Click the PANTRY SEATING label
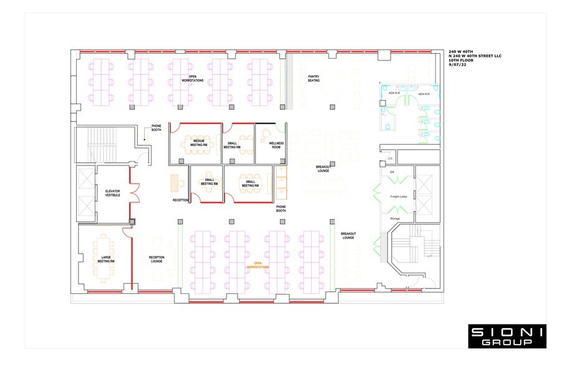(x=314, y=79)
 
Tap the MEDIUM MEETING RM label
(x=198, y=142)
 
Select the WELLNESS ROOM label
(x=276, y=145)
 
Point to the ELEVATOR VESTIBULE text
(x=113, y=193)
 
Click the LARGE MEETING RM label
(x=105, y=259)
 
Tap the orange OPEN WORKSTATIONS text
(x=258, y=265)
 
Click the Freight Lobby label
(x=399, y=197)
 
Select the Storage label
(x=395, y=218)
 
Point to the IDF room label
(x=392, y=172)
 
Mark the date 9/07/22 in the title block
(x=457, y=66)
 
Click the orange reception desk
(x=175, y=182)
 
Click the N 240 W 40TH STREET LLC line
(x=475, y=57)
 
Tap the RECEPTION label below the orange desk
(x=180, y=200)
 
